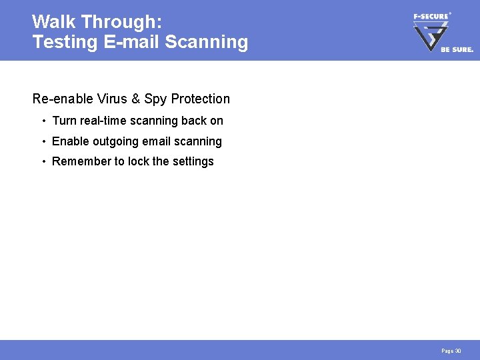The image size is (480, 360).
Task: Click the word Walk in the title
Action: point(54,22)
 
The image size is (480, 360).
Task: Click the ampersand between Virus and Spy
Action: point(136,99)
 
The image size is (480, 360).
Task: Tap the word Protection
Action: point(200,99)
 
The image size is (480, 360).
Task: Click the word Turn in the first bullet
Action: point(64,121)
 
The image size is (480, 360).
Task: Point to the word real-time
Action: point(104,121)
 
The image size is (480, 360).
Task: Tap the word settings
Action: point(193,161)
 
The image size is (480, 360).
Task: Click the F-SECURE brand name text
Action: point(430,16)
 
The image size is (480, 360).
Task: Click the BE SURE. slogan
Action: point(457,49)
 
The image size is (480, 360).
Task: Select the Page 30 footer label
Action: point(451,351)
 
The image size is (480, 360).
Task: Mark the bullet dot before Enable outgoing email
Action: point(43,141)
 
